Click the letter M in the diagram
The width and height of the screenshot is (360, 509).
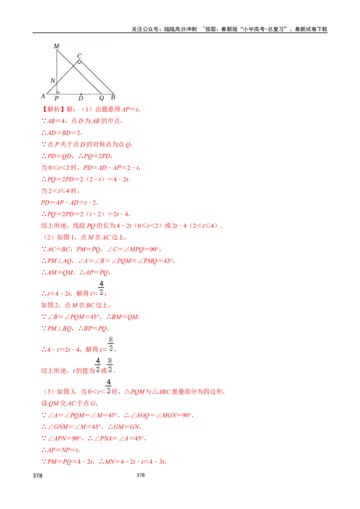pyautogui.click(x=56, y=46)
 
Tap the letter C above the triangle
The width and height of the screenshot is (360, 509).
pyautogui.click(x=79, y=56)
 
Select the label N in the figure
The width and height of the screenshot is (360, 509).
pyautogui.click(x=53, y=81)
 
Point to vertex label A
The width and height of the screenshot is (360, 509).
pyautogui.click(x=43, y=96)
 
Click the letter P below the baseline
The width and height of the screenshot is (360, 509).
pyautogui.click(x=57, y=98)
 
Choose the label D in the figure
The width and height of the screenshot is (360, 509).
pyautogui.click(x=81, y=98)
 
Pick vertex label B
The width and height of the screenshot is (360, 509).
pyautogui.click(x=112, y=97)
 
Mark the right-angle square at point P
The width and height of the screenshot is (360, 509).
pyautogui.click(x=58, y=92)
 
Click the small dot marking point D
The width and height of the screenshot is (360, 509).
pyautogui.click(x=81, y=94)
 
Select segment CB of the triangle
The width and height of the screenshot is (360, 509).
pyautogui.click(x=97, y=77)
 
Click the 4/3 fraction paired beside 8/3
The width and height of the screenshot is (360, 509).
pyautogui.click(x=98, y=365)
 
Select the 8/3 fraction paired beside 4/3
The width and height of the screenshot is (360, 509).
pyautogui.click(x=111, y=365)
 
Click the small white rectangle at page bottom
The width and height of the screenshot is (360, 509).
pyautogui.click(x=38, y=480)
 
